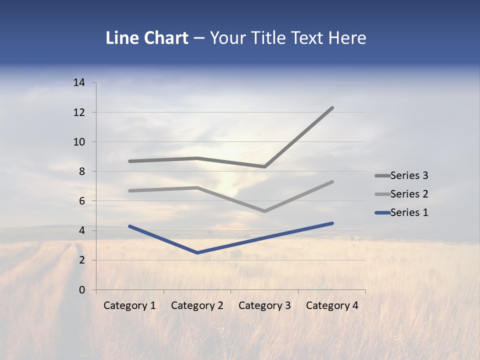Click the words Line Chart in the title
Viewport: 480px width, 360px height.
click(147, 38)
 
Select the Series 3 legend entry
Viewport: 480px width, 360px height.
click(409, 175)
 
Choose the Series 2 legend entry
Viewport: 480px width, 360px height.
click(409, 194)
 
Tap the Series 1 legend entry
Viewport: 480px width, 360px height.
click(409, 212)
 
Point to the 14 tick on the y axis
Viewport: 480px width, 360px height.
click(79, 83)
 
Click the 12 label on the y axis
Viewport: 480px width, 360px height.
click(79, 112)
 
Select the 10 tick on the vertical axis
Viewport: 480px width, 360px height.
click(79, 142)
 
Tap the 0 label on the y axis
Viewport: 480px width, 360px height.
click(82, 290)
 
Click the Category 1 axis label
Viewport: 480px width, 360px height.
click(129, 305)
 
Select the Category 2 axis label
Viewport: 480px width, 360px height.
click(197, 305)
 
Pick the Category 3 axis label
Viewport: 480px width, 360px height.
click(264, 305)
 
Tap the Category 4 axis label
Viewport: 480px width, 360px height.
click(332, 305)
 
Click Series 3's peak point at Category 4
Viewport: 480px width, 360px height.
click(332, 108)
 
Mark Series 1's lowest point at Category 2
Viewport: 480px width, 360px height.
click(197, 252)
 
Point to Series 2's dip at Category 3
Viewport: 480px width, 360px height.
click(264, 211)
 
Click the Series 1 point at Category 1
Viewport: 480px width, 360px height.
click(129, 226)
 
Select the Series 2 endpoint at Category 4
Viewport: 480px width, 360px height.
click(332, 182)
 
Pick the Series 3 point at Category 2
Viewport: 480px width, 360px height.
click(197, 158)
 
